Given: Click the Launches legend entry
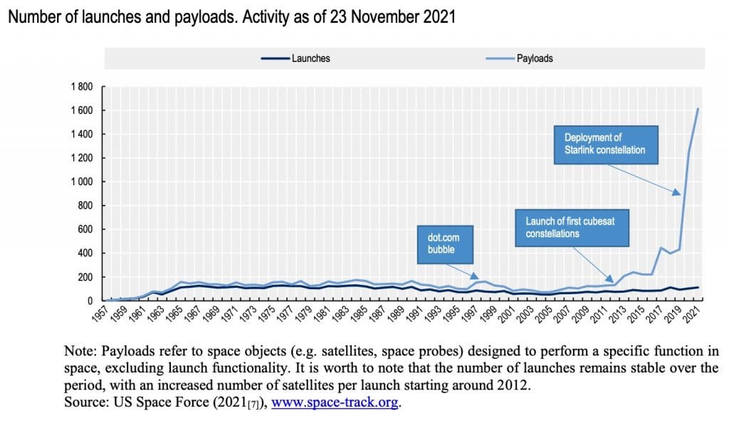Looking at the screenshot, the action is coord(295,58).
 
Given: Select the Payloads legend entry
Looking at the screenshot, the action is coord(519,58).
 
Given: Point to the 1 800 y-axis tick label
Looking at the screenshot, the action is coord(82,86).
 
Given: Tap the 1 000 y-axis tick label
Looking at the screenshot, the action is coord(82,182).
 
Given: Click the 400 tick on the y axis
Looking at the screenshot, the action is coord(85,253).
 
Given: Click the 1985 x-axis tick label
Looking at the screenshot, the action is coord(360,314).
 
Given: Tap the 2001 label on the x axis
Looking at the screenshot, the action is coord(508,314).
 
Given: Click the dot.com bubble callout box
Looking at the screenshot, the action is coord(445,244).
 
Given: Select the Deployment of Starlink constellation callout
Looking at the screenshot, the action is coord(606,145).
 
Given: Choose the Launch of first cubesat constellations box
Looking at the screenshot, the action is coord(572,228).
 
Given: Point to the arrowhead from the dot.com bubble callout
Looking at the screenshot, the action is coord(475,276).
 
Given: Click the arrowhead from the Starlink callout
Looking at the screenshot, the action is coord(677,192).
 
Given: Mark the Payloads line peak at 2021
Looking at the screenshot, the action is coord(698,108).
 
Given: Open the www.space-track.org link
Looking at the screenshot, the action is coord(335,402).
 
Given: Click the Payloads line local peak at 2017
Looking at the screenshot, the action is coord(661,247).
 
